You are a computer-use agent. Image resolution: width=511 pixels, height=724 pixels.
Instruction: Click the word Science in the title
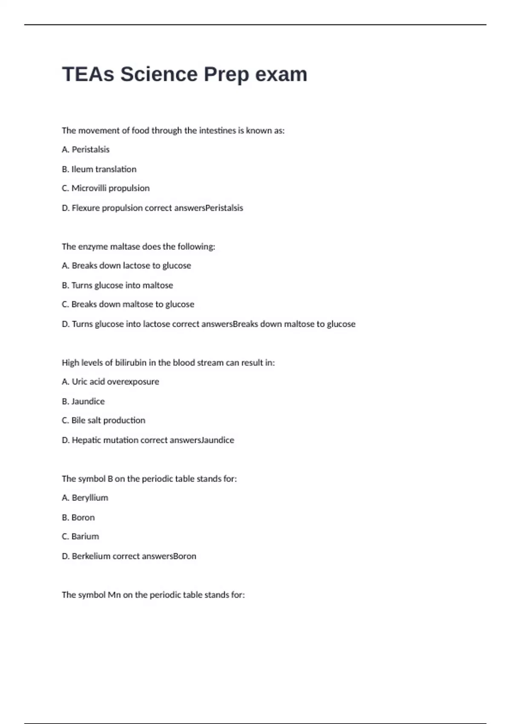[158, 75]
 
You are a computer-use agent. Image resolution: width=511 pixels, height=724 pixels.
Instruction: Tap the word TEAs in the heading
[88, 75]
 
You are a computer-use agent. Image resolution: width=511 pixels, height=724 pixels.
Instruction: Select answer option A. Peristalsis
[86, 149]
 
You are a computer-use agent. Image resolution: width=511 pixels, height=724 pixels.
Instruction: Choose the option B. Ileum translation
[99, 169]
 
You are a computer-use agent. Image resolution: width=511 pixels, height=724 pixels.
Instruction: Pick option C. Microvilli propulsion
[106, 188]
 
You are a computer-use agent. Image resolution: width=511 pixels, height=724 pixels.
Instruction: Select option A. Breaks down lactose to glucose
[126, 266]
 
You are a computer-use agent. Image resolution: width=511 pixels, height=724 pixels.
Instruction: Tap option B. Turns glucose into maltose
[118, 285]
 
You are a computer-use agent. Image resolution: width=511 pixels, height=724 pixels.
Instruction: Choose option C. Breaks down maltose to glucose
[128, 305]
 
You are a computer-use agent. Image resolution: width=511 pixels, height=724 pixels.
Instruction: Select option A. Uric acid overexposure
[110, 382]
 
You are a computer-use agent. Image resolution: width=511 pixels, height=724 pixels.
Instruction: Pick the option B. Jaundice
[83, 401]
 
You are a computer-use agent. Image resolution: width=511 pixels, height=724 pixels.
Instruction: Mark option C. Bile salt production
[103, 420]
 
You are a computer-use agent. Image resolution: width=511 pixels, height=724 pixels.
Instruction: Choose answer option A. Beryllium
[85, 498]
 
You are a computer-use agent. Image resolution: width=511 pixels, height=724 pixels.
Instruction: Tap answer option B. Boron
[78, 517]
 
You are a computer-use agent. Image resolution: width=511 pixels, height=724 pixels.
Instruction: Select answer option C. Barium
[80, 537]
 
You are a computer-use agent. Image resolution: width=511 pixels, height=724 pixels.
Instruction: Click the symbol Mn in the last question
[114, 595]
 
